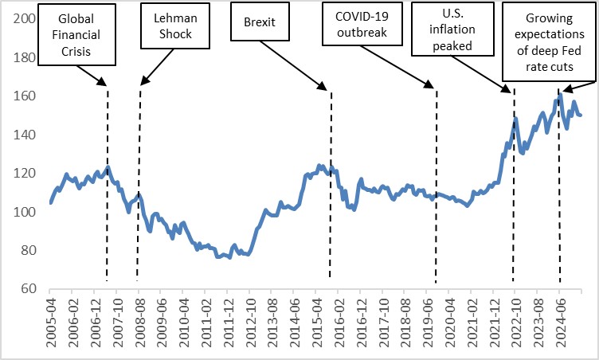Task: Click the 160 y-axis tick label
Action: coord(27,96)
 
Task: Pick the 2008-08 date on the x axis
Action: coord(139,323)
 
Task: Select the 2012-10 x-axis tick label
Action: coord(250,323)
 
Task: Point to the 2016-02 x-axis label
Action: coord(339,323)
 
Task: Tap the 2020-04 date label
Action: coord(449,323)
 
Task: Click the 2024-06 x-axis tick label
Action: coord(560,323)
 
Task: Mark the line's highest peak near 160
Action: coord(560,95)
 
